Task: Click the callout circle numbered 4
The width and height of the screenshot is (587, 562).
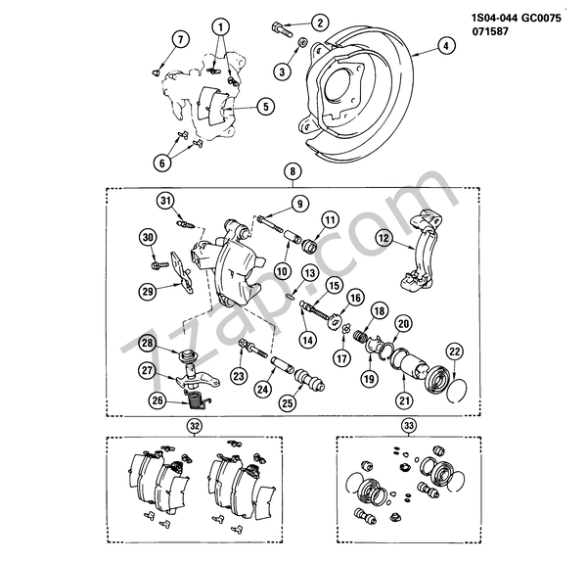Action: point(444,44)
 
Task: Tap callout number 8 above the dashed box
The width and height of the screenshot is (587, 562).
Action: point(292,173)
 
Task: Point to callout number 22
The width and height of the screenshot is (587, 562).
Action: point(453,351)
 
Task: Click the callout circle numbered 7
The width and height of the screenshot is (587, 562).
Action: point(180,39)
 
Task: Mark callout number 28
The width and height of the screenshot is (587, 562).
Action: point(147,344)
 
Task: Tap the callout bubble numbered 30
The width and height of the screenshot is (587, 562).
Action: point(149,238)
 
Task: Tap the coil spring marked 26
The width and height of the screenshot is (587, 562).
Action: point(199,397)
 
